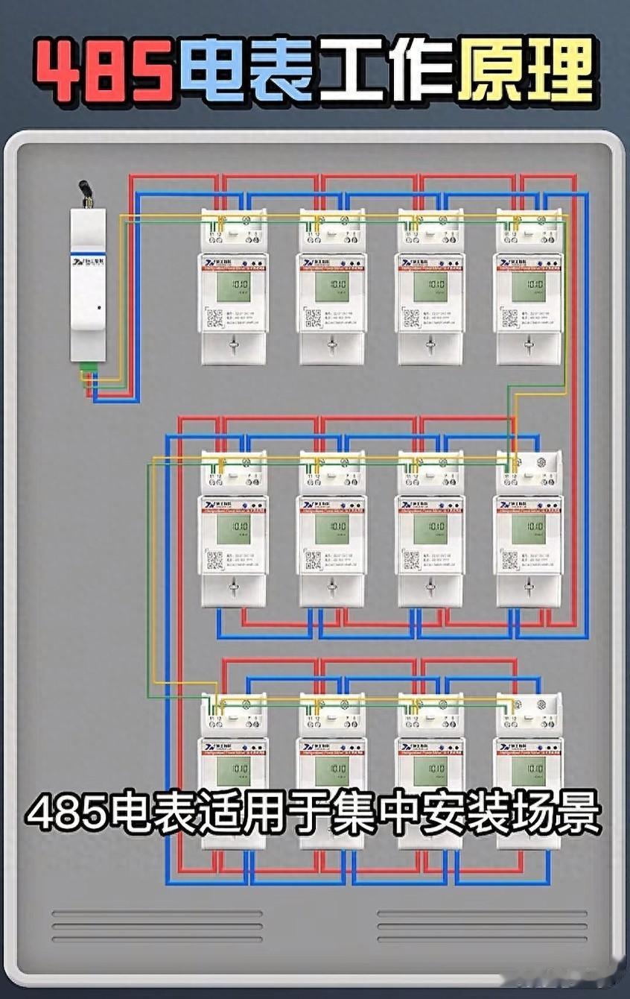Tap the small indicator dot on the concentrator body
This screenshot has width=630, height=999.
99,306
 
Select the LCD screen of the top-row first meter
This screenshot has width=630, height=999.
233,286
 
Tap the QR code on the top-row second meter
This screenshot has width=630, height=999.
313,318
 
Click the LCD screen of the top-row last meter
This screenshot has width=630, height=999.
528,286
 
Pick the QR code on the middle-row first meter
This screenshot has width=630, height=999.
214,561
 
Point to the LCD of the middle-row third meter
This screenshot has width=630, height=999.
430,529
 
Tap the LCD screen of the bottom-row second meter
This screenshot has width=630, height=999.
331,771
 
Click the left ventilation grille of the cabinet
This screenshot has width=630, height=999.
156,927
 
